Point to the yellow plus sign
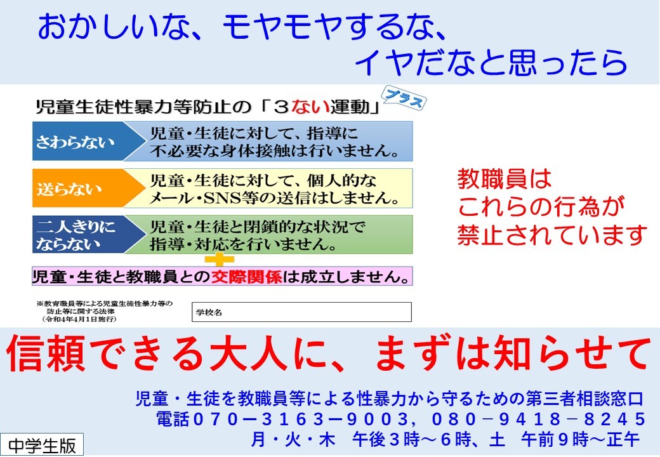[x=219, y=259]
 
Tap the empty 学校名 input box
[x=301, y=312]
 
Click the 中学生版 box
[x=42, y=445]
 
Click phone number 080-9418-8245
[x=538, y=419]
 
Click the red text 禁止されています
[x=552, y=235]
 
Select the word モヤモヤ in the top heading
[x=281, y=27]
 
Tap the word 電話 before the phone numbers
[x=173, y=419]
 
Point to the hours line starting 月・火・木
[x=445, y=439]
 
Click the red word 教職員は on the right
[x=505, y=179]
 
